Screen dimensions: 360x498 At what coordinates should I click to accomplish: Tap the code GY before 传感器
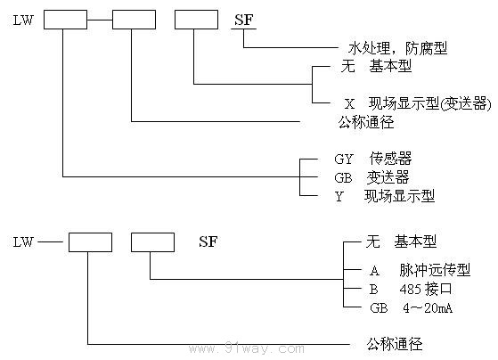click(344, 159)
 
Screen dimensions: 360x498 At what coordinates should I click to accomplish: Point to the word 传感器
click(390, 159)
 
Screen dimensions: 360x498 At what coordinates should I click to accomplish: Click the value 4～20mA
click(429, 308)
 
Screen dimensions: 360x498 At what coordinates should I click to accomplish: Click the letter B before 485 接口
click(374, 290)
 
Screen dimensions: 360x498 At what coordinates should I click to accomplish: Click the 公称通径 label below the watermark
click(393, 342)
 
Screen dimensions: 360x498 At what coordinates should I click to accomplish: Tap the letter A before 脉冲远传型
click(374, 271)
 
